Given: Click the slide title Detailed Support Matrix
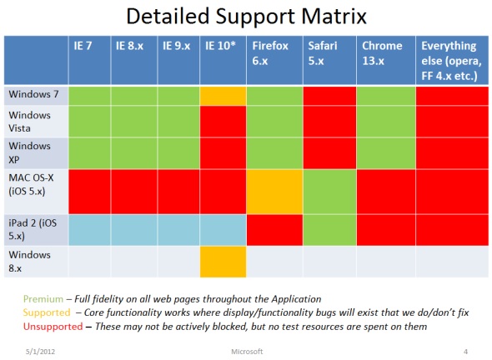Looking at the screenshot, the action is coord(246,17).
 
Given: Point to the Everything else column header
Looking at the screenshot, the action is coord(451,61).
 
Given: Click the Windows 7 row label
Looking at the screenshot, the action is coord(34,94).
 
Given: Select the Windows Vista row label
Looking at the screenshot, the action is coord(29,122).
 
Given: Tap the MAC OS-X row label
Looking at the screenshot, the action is coord(31,184).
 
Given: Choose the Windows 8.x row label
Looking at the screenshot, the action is coord(29,262).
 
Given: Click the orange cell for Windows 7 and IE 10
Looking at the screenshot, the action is coord(223,96).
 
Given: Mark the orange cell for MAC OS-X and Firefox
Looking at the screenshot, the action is coord(274,192).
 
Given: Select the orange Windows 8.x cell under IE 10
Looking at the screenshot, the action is coord(223,262).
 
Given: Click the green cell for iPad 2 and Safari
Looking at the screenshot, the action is coord(329,230).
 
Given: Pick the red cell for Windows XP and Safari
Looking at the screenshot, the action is coord(329,153).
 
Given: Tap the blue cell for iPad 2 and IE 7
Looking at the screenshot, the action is coord(89,230).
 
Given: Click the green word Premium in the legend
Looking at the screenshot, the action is coord(43,299).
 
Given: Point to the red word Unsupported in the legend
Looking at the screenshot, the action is coord(53,327).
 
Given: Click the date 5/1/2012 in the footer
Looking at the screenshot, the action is coord(40,352).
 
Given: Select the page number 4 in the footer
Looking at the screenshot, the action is coord(465,352).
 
